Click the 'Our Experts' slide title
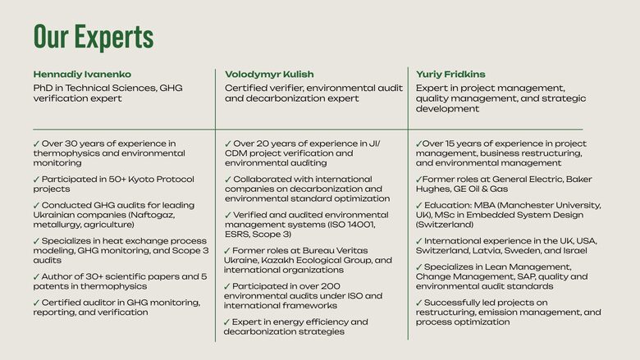coord(94,37)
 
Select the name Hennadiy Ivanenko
coord(82,74)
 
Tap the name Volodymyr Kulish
coord(269,74)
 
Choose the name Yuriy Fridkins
coord(450,74)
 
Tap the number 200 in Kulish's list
coord(330,286)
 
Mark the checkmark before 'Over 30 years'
coord(36,144)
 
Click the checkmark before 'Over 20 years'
coord(228,144)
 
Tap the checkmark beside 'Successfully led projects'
coord(418,303)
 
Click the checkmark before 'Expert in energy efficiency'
coord(227,322)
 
